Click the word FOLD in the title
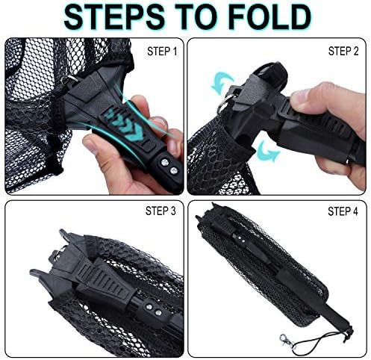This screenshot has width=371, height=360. pyautogui.click(x=269, y=17)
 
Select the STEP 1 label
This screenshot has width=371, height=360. pyautogui.click(x=162, y=52)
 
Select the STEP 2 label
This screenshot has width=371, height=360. pyautogui.click(x=343, y=51)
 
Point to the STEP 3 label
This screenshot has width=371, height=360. pyautogui.click(x=160, y=211)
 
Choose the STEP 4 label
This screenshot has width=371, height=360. pyautogui.click(x=343, y=211)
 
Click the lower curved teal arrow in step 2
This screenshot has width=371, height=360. pyautogui.click(x=267, y=151)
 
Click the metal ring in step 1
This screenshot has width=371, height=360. pyautogui.click(x=69, y=80)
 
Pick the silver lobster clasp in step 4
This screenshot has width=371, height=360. pyautogui.click(x=286, y=340)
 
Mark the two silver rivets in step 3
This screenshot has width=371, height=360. pyautogui.click(x=153, y=310)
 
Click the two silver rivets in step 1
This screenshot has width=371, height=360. pyautogui.click(x=169, y=167)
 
